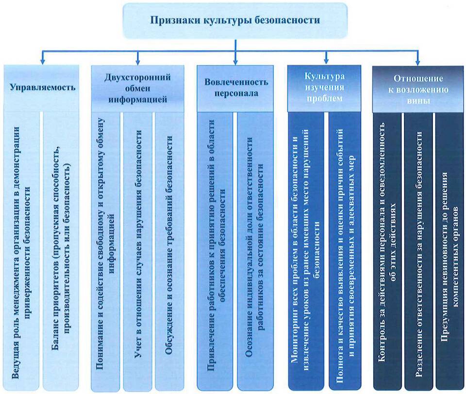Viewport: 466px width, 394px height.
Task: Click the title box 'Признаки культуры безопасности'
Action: (235, 20)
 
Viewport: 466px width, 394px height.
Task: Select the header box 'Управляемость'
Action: (42, 88)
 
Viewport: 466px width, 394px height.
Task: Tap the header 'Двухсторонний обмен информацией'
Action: (137, 89)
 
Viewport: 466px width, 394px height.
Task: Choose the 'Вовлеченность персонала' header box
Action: (235, 89)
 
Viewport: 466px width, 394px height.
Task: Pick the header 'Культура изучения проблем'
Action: (324, 89)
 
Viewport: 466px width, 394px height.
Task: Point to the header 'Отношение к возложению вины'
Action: (418, 89)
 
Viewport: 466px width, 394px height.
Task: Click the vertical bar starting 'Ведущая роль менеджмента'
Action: (21, 251)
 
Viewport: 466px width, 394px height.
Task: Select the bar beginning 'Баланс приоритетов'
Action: (61, 251)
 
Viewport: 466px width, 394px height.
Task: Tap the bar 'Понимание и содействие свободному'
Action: (105, 251)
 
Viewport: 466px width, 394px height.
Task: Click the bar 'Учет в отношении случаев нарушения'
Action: (137, 251)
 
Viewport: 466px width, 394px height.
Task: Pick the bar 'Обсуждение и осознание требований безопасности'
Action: (169, 251)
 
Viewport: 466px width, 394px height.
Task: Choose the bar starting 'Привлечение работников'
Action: (215, 251)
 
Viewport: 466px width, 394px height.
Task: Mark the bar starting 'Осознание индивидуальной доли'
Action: (255, 251)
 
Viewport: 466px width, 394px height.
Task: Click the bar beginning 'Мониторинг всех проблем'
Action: (306, 251)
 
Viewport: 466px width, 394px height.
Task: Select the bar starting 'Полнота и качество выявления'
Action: (345, 251)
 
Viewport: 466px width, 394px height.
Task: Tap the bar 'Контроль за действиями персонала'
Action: (387, 251)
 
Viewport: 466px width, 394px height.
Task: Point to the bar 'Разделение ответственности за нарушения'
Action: (418, 251)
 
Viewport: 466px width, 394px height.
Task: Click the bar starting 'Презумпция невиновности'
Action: (449, 251)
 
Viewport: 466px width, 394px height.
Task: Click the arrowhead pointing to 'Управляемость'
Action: (43, 62)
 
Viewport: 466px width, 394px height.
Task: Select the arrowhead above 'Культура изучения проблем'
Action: (326, 62)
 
